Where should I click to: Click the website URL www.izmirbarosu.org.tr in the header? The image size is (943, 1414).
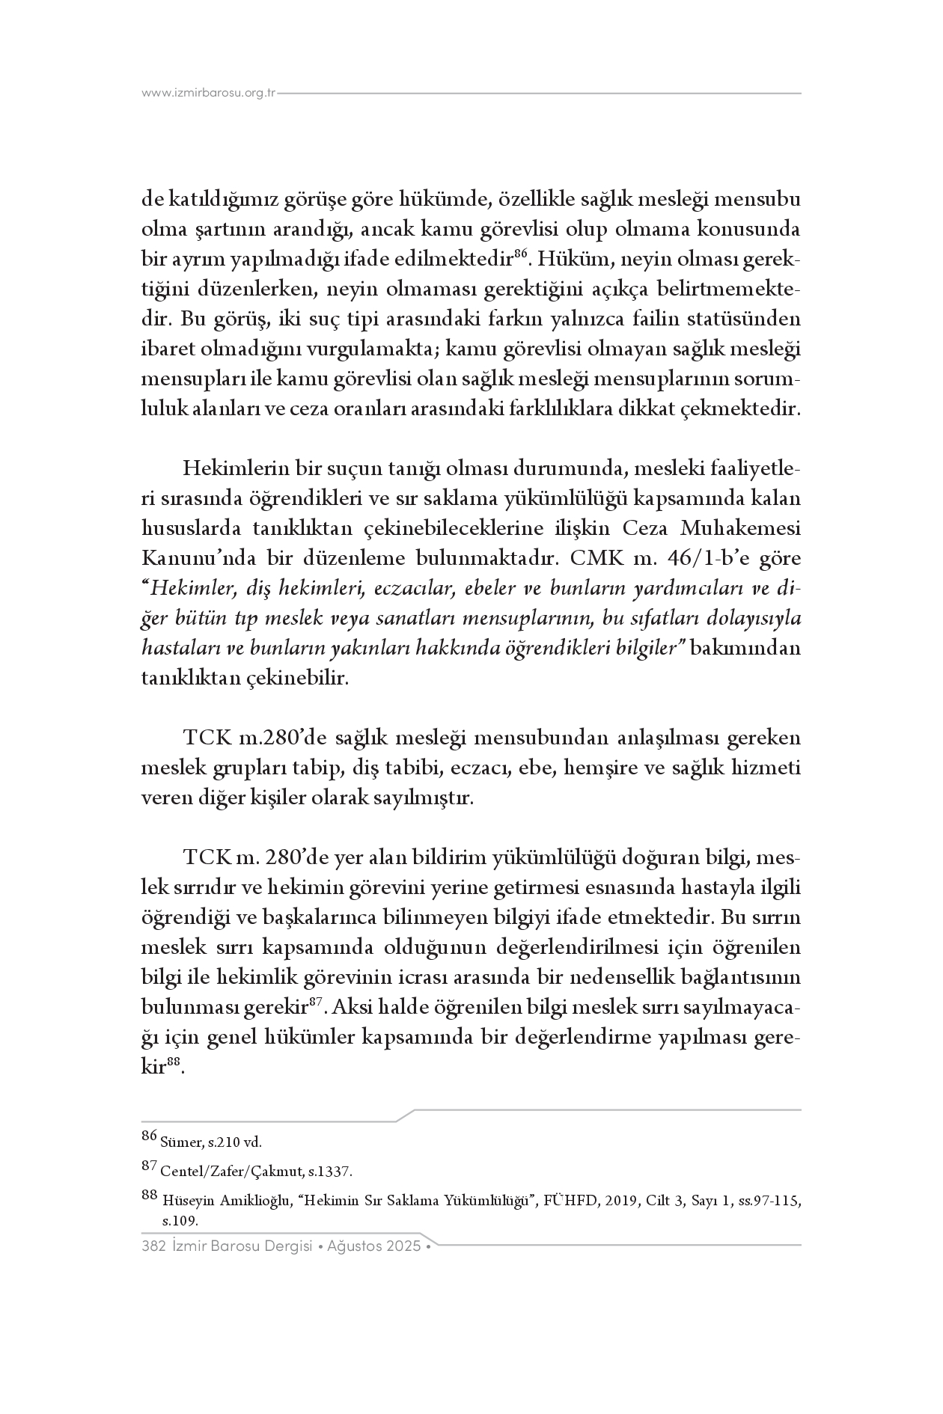[209, 94]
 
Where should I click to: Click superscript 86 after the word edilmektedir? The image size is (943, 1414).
[522, 255]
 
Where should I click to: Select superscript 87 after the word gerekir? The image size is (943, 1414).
[315, 1003]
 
